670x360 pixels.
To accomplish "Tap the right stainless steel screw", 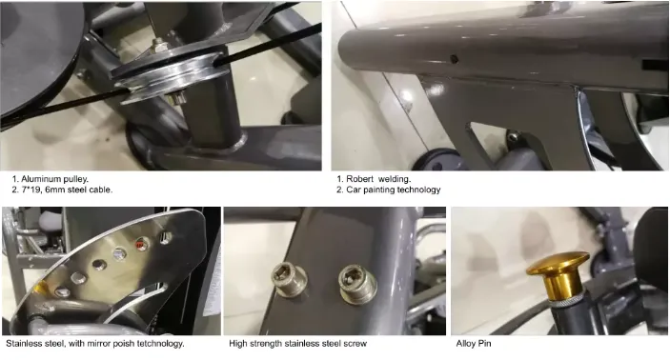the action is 357,284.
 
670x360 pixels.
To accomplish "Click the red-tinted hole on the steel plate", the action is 141,244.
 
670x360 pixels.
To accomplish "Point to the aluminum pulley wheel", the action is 171,76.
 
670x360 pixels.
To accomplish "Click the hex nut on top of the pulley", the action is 161,44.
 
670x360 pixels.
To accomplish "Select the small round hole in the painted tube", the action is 455,59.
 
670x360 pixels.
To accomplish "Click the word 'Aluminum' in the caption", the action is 38,179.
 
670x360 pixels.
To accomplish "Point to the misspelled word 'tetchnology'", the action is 161,344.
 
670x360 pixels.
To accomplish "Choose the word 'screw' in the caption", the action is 355,344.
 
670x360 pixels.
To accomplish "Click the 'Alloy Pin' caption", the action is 474,344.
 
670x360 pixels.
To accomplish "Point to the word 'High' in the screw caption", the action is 236,344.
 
